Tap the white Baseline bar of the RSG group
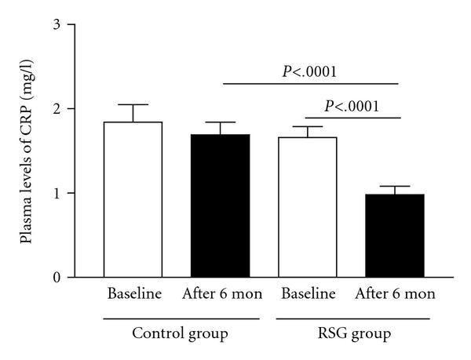[309, 207]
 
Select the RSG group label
[353, 333]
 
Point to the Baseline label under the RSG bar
[309, 296]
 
